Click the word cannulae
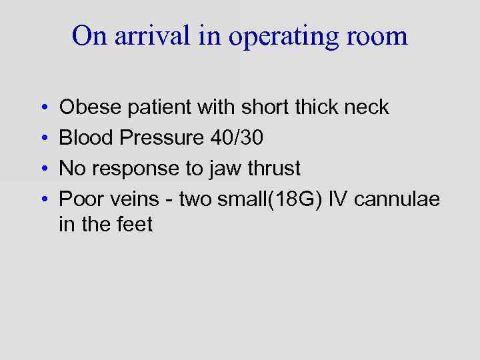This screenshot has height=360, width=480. (397, 199)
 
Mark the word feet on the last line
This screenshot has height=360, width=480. (136, 225)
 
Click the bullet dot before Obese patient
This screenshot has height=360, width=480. (42, 108)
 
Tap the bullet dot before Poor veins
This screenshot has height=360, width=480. (42, 200)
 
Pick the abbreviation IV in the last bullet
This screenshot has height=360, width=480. (339, 199)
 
